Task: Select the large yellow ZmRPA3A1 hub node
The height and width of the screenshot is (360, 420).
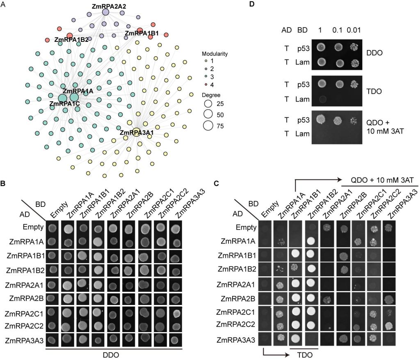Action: coord(137,132)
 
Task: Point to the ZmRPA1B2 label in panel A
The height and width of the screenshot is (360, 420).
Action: coord(72,40)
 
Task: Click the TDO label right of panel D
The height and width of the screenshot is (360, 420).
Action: coord(374,88)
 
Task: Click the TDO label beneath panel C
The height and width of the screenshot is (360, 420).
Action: coord(304,354)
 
